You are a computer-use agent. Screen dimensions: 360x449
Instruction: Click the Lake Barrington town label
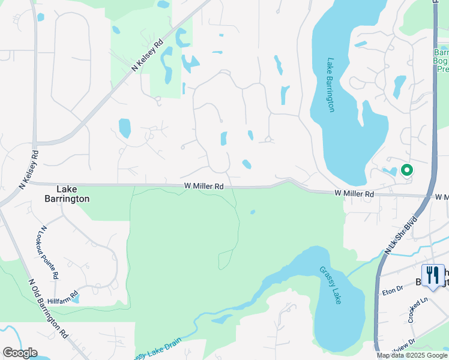(67, 193)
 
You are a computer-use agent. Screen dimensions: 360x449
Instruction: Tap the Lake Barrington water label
(330, 85)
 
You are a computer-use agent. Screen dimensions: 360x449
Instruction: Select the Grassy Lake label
(331, 285)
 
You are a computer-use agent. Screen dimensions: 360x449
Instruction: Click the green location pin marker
(406, 170)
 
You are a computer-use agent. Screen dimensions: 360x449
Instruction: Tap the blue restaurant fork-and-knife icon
(432, 275)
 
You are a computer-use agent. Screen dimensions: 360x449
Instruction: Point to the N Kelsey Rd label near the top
(148, 56)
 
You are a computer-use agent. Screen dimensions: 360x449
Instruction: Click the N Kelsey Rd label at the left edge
(28, 170)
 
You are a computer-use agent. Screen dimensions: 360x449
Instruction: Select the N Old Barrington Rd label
(47, 307)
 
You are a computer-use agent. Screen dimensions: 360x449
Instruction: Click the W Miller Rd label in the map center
(203, 187)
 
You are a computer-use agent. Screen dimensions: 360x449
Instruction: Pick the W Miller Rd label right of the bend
(354, 194)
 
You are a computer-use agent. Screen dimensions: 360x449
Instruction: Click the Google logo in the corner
(20, 353)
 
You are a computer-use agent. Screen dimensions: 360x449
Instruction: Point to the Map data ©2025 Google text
(412, 355)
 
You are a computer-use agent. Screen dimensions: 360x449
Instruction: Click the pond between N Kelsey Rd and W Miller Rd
(125, 128)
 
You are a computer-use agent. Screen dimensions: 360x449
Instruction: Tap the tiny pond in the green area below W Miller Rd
(253, 212)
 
